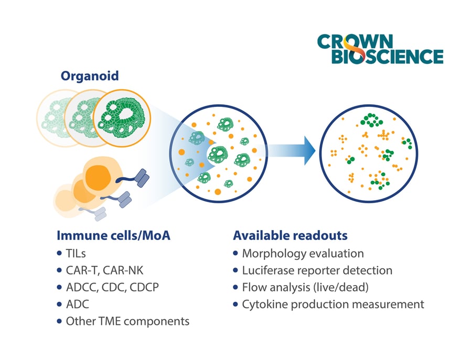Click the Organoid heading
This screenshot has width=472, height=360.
(x=90, y=76)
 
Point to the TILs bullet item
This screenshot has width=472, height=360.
(x=76, y=254)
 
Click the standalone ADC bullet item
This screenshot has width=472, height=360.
(x=77, y=304)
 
